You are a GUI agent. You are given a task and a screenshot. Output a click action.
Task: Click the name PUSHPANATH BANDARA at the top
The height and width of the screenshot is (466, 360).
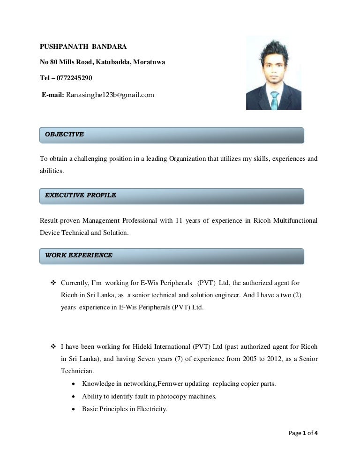pyautogui.click(x=83, y=47)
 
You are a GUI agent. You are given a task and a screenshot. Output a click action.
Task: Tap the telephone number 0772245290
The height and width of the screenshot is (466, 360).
pyautogui.click(x=75, y=78)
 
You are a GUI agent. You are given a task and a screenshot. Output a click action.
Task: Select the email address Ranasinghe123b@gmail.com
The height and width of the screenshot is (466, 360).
pyautogui.click(x=110, y=95)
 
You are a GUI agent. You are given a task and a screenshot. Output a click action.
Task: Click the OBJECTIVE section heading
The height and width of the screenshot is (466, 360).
pyautogui.click(x=64, y=135)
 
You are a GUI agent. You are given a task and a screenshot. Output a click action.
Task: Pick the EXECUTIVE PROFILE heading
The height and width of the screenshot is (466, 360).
pyautogui.click(x=80, y=195)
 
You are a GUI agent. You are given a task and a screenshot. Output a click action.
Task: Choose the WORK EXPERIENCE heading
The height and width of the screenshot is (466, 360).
pyautogui.click(x=78, y=256)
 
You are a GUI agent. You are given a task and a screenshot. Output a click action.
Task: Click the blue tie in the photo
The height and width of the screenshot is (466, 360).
pyautogui.click(x=274, y=99)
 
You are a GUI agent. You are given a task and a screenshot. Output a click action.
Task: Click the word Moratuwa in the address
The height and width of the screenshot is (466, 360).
pyautogui.click(x=149, y=62)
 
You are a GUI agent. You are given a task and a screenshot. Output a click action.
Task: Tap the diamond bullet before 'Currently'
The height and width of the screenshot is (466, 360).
pyautogui.click(x=53, y=283)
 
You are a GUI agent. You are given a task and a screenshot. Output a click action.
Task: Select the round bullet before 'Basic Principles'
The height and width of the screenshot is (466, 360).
pyautogui.click(x=75, y=409)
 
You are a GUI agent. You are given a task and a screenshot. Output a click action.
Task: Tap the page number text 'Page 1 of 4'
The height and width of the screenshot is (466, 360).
pyautogui.click(x=302, y=433)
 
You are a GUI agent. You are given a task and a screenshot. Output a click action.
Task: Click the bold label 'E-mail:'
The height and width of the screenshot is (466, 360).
pyautogui.click(x=53, y=95)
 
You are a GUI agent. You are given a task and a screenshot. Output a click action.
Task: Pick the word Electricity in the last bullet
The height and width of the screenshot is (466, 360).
pyautogui.click(x=152, y=409)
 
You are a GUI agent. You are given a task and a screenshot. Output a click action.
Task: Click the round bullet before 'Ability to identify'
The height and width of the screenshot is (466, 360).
pyautogui.click(x=75, y=397)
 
